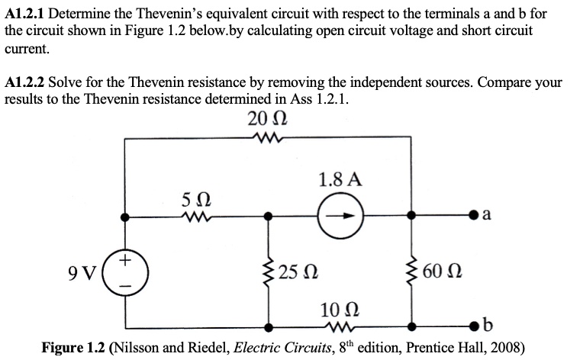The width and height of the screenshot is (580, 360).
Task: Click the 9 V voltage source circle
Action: [122, 271]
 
